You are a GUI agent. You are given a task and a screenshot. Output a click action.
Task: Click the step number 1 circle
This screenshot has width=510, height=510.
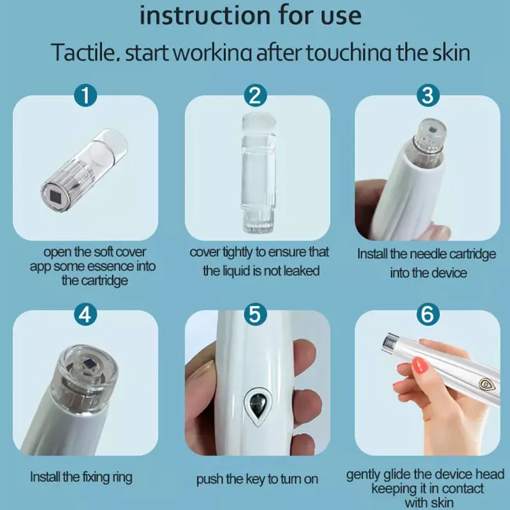click(85, 95)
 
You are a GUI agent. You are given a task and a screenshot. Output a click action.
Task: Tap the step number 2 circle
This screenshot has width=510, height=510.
click(256, 95)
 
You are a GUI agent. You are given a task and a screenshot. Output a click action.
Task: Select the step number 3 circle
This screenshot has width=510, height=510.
click(428, 95)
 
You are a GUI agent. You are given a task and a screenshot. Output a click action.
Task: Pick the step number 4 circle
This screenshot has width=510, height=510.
click(85, 314)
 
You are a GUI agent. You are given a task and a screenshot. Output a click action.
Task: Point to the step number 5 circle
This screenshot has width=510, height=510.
click(256, 314)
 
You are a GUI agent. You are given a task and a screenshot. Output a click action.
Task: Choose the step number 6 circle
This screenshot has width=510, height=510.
click(428, 314)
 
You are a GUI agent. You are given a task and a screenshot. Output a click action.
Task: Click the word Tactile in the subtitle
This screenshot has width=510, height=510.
click(86, 52)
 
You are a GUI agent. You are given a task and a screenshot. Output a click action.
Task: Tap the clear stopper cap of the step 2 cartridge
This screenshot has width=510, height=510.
click(259, 124)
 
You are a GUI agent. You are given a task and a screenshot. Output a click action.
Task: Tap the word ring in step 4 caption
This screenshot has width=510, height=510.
click(122, 477)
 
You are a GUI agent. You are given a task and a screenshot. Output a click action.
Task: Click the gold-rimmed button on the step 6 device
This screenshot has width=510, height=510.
click(486, 384)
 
